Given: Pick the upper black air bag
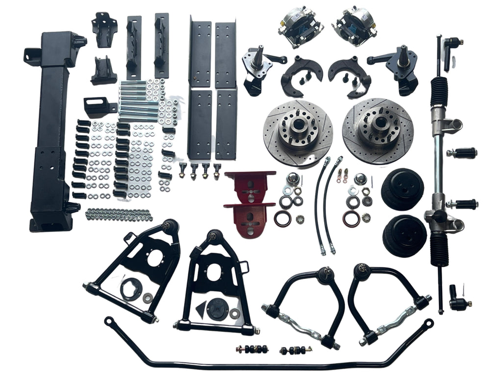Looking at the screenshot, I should [x=402, y=189].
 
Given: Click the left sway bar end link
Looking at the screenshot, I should [x=252, y=350].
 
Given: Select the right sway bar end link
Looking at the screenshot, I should [x=296, y=351].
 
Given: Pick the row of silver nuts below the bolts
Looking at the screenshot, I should [x=119, y=214].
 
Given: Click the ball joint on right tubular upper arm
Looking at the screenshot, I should [x=362, y=271].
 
